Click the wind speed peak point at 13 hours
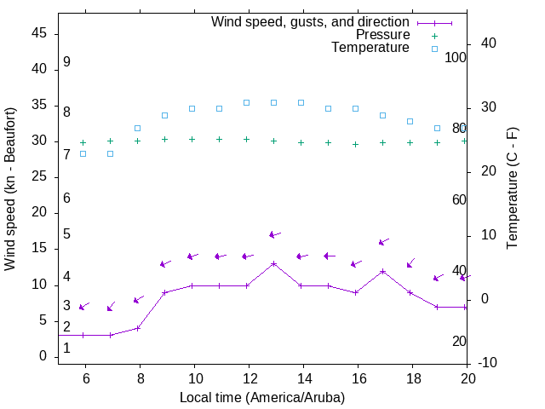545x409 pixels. point(273,264)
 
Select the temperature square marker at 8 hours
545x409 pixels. point(137,128)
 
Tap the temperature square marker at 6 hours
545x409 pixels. point(83,153)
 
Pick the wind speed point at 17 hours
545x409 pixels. point(382,271)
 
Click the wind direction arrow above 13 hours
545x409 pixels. point(274,234)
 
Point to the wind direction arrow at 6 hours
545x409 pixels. point(83,307)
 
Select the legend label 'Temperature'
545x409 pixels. point(370,48)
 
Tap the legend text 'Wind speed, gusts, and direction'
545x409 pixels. point(311,22)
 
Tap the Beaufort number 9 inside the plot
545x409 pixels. point(66,62)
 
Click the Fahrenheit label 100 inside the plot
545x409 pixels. point(456,57)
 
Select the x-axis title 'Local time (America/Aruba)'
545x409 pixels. point(262,397)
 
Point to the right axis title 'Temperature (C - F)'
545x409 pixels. point(512,188)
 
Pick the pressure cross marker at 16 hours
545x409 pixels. point(355,144)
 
